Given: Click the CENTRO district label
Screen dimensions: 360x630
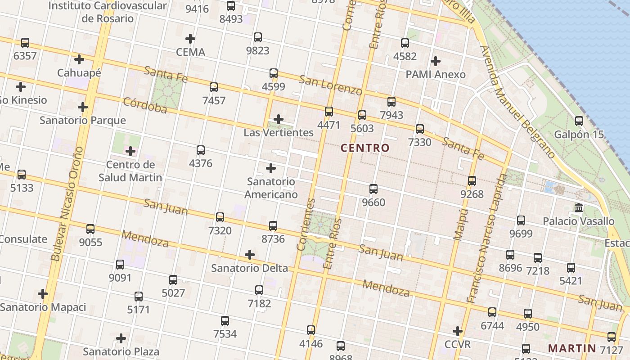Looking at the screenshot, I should [365, 148].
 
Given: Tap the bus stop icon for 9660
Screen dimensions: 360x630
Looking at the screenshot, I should [373, 189].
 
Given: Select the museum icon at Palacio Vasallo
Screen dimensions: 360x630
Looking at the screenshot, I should [579, 208].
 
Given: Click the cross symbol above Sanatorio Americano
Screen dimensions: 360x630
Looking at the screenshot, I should [271, 168].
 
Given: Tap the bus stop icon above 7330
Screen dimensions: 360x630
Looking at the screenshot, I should [420, 129].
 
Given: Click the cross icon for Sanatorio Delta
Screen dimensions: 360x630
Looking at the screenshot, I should [250, 255].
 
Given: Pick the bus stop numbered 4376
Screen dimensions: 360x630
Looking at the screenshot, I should [201, 150].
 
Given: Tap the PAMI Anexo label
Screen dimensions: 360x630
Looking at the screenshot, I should [436, 74].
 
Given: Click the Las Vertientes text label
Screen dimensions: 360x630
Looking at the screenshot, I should [279, 133].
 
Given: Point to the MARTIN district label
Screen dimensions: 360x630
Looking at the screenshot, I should [572, 348].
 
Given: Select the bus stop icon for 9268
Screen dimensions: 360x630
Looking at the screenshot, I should [472, 181].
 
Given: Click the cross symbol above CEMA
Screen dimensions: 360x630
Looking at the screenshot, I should [190, 39].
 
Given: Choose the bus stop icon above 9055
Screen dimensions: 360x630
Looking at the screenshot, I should [90, 229].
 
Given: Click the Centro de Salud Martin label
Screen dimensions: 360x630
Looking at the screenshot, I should [130, 171].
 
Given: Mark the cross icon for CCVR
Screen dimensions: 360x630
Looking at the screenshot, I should [458, 331].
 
